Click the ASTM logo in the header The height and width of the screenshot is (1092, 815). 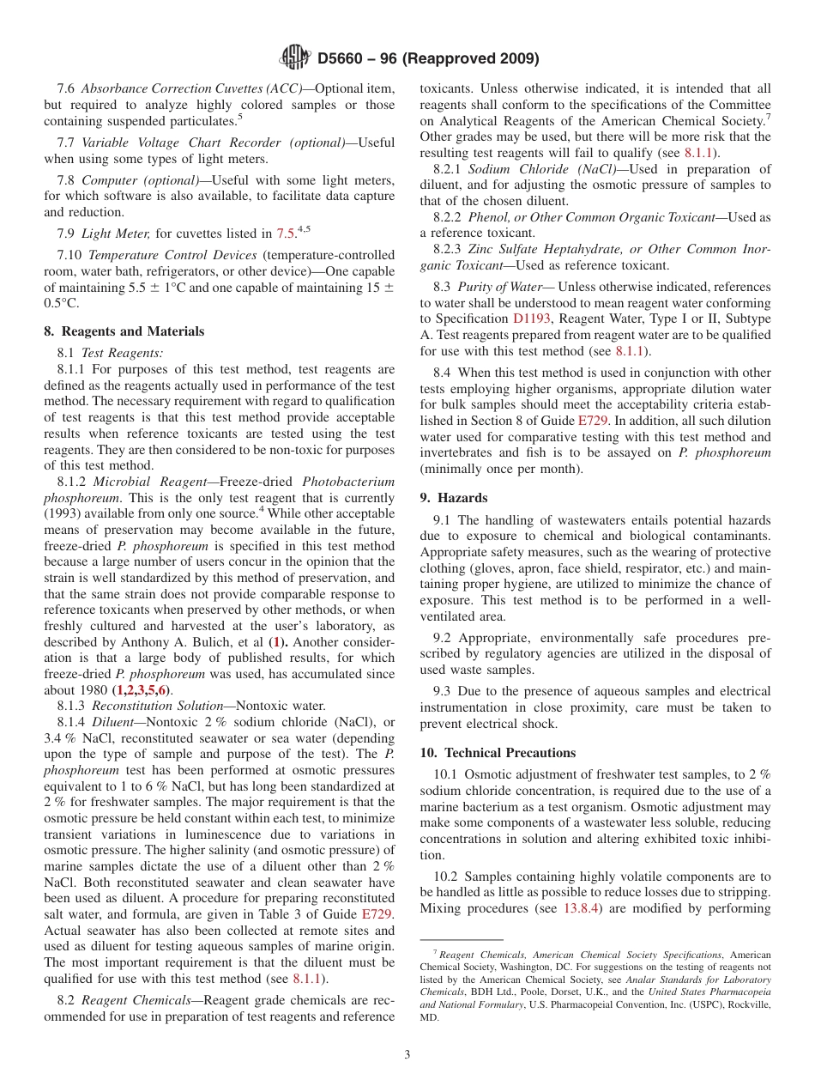pyautogui.click(x=295, y=58)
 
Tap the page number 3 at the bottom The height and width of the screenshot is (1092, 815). pyautogui.click(x=407, y=1055)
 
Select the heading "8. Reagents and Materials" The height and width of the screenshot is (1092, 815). pyautogui.click(x=124, y=331)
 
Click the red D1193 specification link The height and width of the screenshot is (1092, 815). pyautogui.click(x=531, y=318)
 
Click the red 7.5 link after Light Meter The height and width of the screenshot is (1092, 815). pyautogui.click(x=286, y=234)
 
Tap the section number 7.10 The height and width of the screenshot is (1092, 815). pyautogui.click(x=70, y=255)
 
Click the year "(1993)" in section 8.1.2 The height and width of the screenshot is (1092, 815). pyautogui.click(x=63, y=513)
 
